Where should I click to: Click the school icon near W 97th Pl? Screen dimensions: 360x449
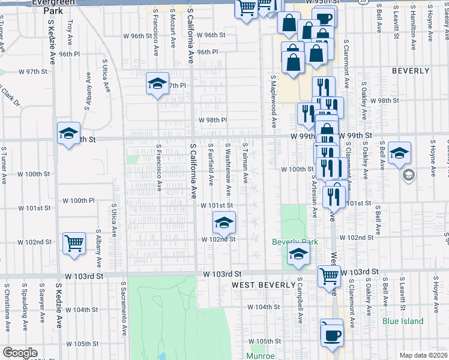[x=157, y=83]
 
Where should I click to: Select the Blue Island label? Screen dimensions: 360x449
[x=403, y=321]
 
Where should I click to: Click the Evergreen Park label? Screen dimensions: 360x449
[x=58, y=7]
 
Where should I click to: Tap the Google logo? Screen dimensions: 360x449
[x=20, y=353]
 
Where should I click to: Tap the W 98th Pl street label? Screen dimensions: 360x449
[x=213, y=120]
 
